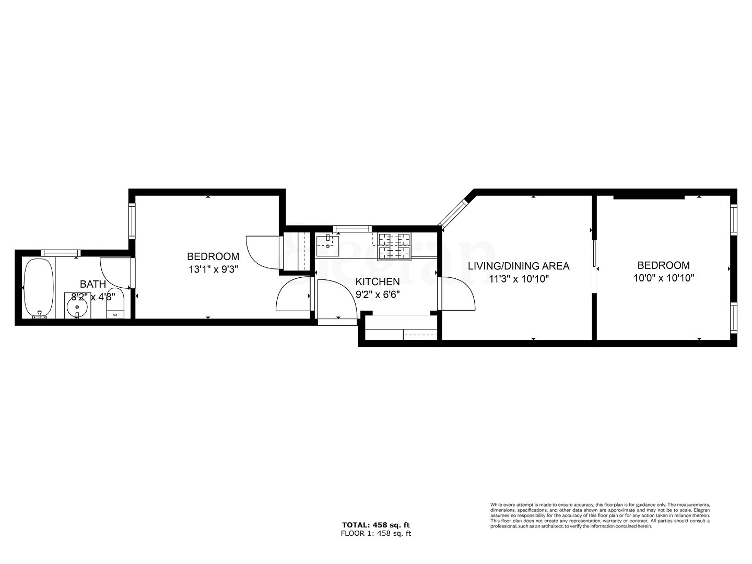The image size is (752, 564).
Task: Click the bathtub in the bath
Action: [38, 288]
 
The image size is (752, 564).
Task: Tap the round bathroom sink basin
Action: [78, 307]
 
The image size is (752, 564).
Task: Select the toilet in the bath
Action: [114, 304]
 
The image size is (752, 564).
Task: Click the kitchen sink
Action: [327, 245]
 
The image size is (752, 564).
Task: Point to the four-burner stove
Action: [394, 246]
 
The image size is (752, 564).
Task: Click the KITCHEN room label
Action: [378, 282]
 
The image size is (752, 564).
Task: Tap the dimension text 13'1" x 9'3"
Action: [213, 270]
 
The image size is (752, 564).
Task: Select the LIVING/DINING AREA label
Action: [518, 266]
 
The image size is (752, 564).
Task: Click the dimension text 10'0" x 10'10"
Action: [663, 278]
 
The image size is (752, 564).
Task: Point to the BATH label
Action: [93, 284]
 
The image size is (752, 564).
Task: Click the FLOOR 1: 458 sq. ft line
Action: [375, 533]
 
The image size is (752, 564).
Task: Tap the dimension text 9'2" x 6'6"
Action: [378, 295]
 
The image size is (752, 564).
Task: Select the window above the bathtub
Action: [61, 253]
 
